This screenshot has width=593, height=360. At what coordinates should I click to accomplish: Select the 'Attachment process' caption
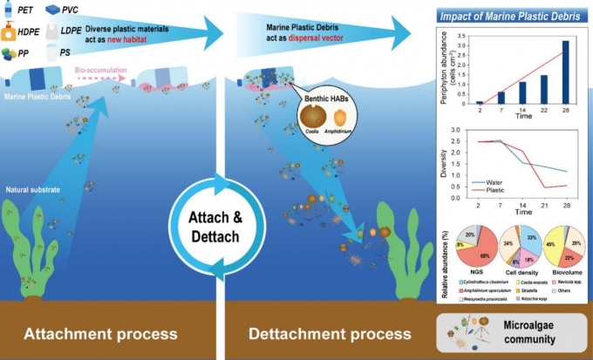[100, 334]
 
